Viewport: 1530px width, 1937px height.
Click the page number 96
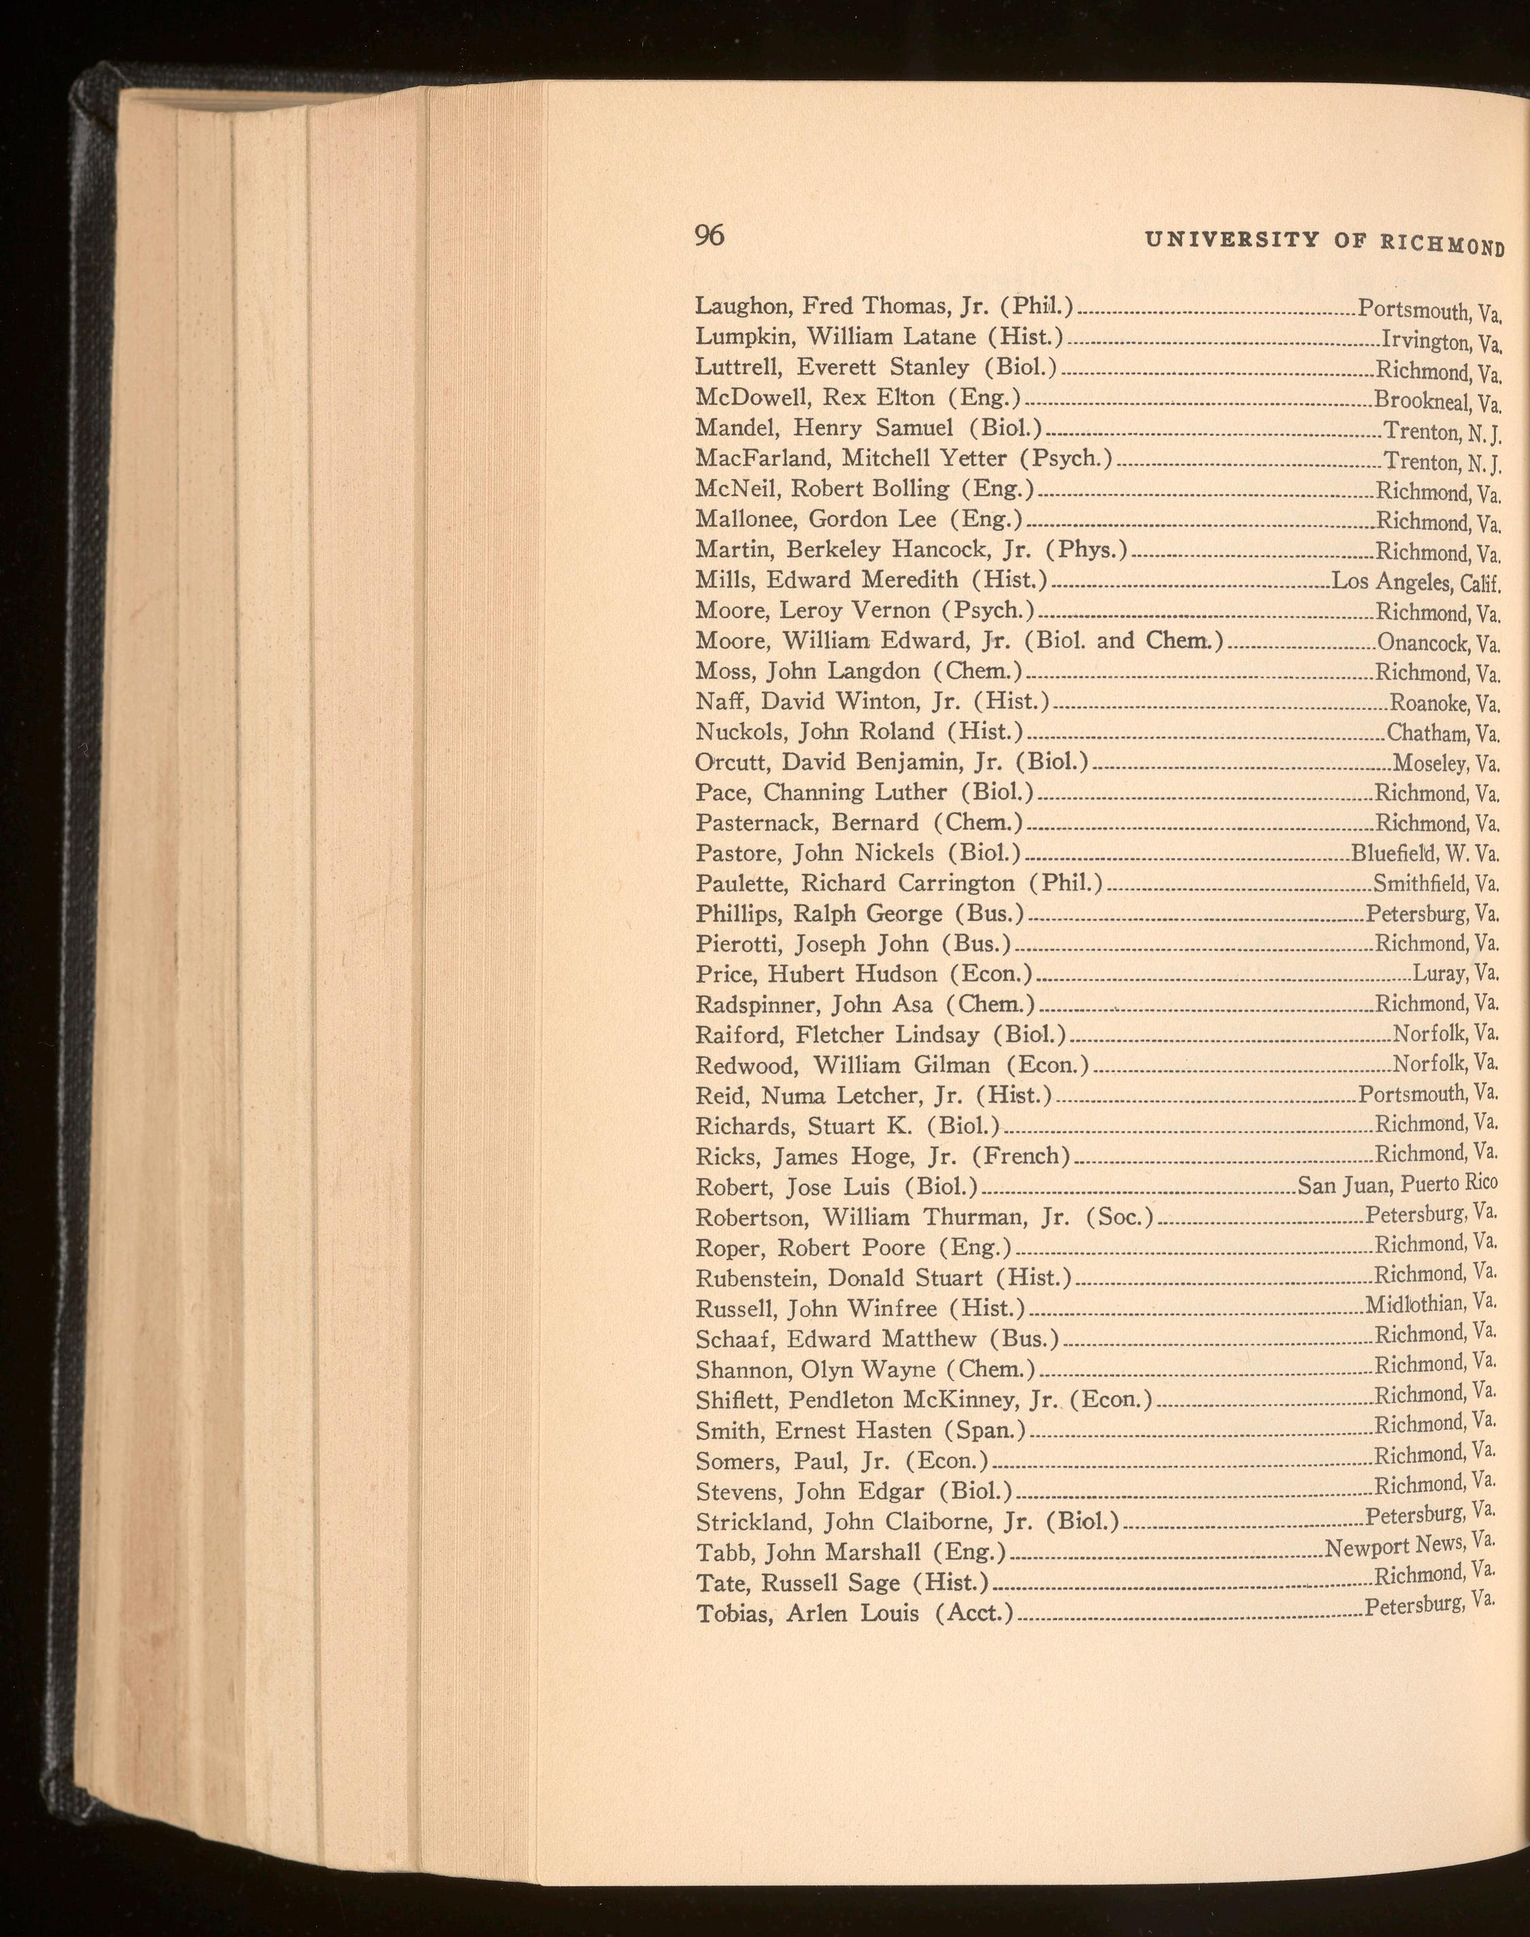click(x=708, y=236)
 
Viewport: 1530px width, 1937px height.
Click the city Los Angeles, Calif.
click(x=1415, y=582)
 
